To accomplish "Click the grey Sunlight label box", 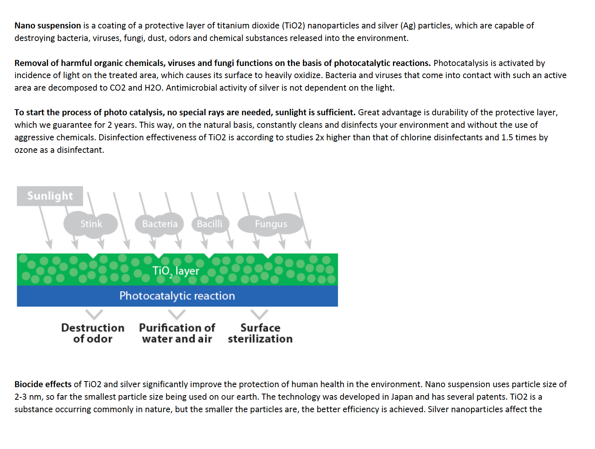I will click(50, 196).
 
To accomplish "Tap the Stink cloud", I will click(91, 224).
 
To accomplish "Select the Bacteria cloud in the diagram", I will click(160, 224).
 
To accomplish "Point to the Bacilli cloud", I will click(210, 224).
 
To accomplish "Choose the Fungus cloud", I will click(271, 224).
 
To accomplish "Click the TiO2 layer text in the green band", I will click(175, 271).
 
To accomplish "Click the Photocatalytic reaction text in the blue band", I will click(177, 296).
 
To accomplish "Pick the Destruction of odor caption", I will click(93, 333).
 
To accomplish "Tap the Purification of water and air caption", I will click(177, 333).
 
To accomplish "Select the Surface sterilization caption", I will click(260, 333).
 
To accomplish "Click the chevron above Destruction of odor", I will click(94, 314).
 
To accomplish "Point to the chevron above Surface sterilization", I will click(259, 314).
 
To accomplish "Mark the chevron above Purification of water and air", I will click(177, 314).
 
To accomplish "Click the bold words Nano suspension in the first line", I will click(48, 25).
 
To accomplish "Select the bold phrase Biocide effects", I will click(43, 384).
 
